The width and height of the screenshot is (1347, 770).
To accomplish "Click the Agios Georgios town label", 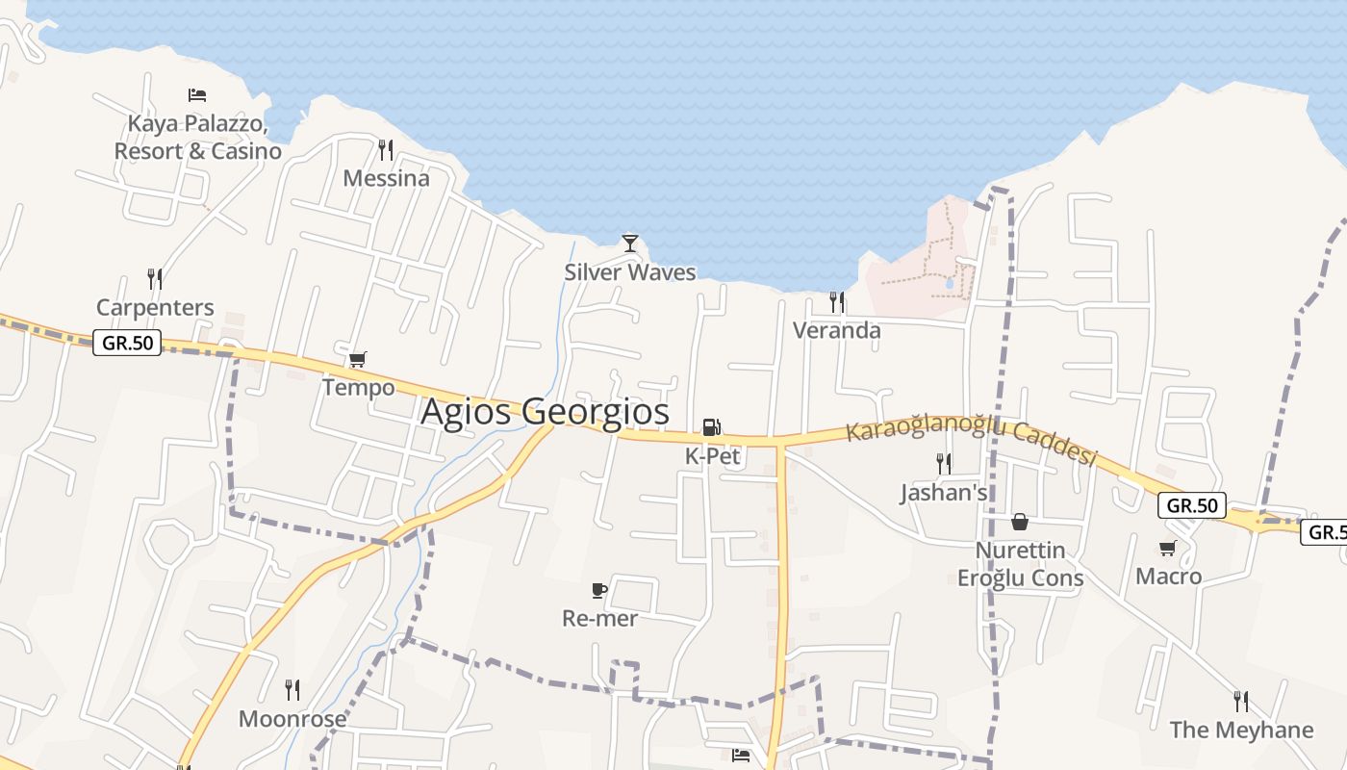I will (x=545, y=411).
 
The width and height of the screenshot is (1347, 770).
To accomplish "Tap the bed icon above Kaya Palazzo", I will (x=197, y=94).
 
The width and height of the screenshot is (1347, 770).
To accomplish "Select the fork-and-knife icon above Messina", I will (x=386, y=149).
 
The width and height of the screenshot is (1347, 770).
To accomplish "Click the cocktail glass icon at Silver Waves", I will (x=630, y=243).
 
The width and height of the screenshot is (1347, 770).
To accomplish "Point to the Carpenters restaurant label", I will (x=155, y=308).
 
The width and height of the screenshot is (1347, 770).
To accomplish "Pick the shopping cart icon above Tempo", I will (x=358, y=359).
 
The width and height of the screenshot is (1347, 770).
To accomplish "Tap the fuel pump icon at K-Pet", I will (x=712, y=426).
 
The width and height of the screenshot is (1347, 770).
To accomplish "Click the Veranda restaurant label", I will (x=836, y=330).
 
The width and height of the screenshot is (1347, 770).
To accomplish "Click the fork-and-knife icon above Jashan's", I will (x=944, y=463).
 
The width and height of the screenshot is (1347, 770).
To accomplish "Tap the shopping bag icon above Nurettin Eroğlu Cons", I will (x=1020, y=522).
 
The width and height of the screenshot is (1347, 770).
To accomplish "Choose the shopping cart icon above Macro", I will (x=1168, y=548).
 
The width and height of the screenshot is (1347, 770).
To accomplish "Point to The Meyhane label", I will (x=1241, y=730).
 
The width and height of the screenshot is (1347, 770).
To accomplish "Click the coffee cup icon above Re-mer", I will (x=599, y=590).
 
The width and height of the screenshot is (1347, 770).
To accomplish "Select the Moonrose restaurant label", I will (x=292, y=718).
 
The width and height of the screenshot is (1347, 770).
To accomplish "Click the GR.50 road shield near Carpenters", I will (x=127, y=343).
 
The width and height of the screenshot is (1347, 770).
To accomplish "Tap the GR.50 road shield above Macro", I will (x=1191, y=505).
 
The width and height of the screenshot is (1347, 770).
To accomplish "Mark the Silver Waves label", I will (x=629, y=272).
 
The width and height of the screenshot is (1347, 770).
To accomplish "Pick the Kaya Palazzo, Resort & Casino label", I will (x=197, y=138).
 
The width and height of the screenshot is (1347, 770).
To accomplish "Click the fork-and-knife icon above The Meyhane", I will (x=1241, y=701).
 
